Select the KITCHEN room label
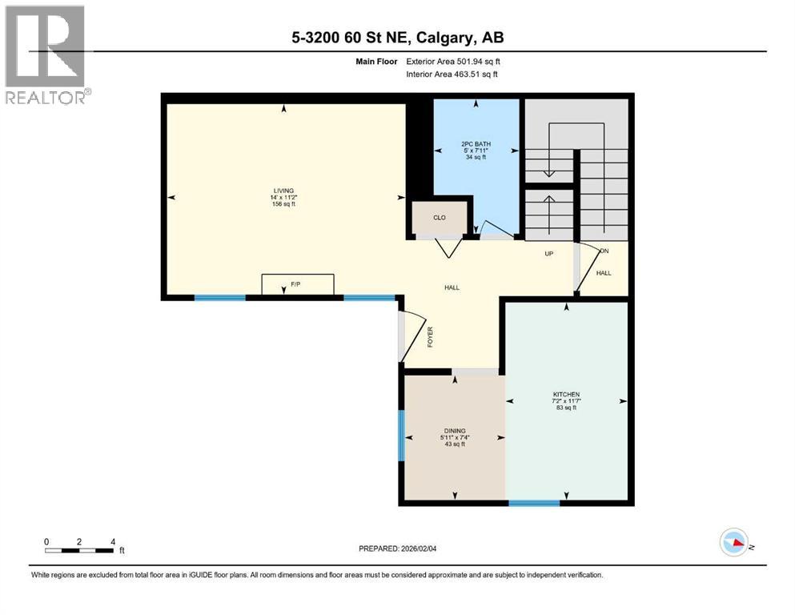[x=565, y=395]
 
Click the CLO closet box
[x=439, y=218]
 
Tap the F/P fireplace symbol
[x=298, y=284]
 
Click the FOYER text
[x=429, y=338]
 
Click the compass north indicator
[x=734, y=543]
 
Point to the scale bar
[x=78, y=549]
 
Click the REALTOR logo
[x=45, y=54]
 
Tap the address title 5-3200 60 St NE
[x=397, y=38]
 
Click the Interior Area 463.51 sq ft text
[x=452, y=74]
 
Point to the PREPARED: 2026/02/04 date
[x=397, y=549]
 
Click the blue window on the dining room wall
[x=401, y=435]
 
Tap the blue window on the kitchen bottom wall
[x=534, y=503]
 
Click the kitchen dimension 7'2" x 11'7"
[x=565, y=401]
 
